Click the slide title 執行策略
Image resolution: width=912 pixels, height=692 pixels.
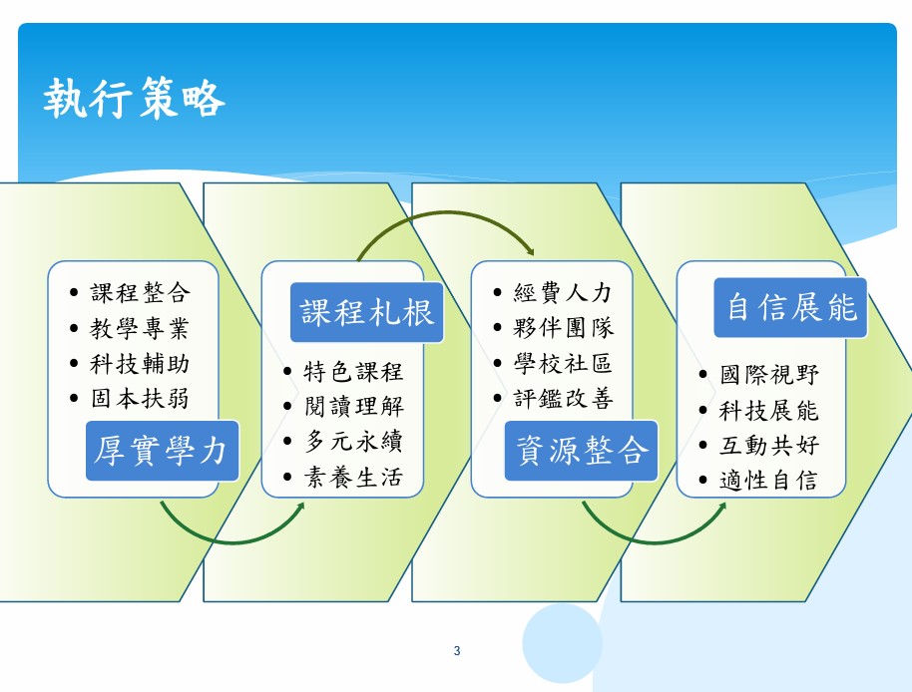[x=134, y=98]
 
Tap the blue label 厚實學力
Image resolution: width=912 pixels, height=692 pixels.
[x=162, y=451]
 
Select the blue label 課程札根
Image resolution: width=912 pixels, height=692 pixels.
[x=366, y=312]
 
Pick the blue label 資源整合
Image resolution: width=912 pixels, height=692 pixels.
[x=581, y=451]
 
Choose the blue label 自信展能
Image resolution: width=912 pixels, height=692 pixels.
[x=790, y=307]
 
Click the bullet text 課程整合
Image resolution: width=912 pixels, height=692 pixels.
[x=140, y=292]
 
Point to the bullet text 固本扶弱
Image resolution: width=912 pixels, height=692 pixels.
[x=140, y=399]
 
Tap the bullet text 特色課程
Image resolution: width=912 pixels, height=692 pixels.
[x=353, y=371]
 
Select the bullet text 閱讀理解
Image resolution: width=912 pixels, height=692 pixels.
[x=353, y=406]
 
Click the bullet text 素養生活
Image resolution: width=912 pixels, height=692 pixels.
[x=353, y=477]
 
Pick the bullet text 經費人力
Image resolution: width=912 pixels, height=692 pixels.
[x=563, y=292]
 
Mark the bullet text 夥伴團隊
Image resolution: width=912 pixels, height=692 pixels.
[x=563, y=328]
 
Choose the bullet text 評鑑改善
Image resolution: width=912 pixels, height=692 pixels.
[x=563, y=399]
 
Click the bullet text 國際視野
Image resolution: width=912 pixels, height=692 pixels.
[x=769, y=375]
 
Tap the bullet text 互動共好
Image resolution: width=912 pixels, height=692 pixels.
[x=769, y=446]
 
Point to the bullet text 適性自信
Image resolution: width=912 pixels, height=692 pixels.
[x=769, y=481]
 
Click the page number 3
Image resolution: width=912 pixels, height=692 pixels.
[x=457, y=651]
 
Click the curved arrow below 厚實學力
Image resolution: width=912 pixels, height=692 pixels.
[x=232, y=542]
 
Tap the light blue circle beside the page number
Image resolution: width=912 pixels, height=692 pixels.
[x=562, y=643]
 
